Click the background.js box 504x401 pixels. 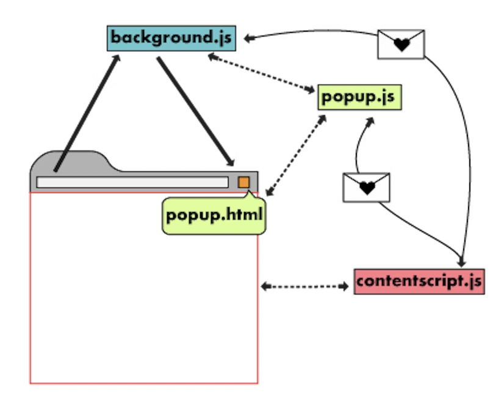pyautogui.click(x=171, y=38)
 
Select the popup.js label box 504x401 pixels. pyautogui.click(x=359, y=97)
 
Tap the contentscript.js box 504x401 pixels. pyautogui.click(x=419, y=281)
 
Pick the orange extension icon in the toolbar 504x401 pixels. pyautogui.click(x=243, y=182)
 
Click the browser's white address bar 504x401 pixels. pyautogui.click(x=132, y=182)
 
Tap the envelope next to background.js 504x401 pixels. pyautogui.click(x=400, y=44)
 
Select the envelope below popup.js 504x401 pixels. pyautogui.click(x=366, y=187)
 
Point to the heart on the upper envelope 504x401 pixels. pyautogui.click(x=401, y=45)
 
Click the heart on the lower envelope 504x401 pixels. pyautogui.click(x=367, y=188)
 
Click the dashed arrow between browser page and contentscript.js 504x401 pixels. pyautogui.click(x=305, y=285)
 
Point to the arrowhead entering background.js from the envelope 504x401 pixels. pyautogui.click(x=249, y=38)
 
